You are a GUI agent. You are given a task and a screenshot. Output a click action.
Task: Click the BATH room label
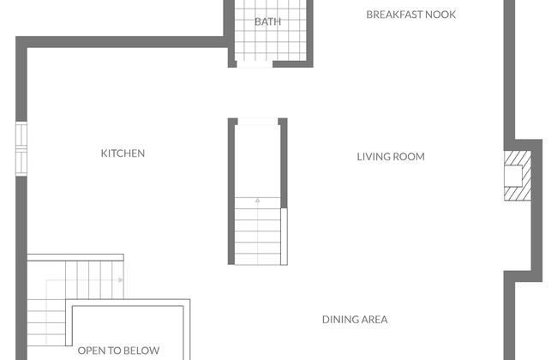point(268,21)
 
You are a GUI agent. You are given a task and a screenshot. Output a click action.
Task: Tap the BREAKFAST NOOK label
point(411,15)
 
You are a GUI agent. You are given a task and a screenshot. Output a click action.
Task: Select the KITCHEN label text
point(123,153)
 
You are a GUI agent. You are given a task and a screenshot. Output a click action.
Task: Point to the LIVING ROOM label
point(391,157)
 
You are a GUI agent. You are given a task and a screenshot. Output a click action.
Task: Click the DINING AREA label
point(355,320)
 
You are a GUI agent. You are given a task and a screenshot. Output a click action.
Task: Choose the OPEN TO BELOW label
point(118,351)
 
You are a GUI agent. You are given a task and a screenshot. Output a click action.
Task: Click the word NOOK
point(440,15)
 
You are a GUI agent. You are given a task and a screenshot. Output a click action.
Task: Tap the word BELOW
point(144,351)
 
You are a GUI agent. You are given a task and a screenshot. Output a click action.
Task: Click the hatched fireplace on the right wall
point(518,176)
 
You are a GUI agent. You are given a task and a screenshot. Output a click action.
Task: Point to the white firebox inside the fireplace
point(513,176)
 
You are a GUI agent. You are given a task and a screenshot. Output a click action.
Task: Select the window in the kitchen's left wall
point(21,148)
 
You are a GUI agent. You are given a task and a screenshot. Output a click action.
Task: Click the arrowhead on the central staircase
point(258,201)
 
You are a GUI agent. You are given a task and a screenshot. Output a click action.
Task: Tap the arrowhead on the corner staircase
point(121,280)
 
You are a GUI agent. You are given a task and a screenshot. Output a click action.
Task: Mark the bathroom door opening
point(255,64)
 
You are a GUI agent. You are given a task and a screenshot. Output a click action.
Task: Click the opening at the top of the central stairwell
point(258,122)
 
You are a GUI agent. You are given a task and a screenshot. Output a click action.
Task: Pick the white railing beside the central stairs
point(284,237)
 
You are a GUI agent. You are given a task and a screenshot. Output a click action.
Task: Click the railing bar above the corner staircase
point(75,257)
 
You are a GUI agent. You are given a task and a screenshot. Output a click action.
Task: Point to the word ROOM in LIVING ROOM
point(410,157)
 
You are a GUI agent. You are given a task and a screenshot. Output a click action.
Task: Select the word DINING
point(338,320)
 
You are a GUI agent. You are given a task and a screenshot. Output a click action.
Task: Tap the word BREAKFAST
point(394,15)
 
